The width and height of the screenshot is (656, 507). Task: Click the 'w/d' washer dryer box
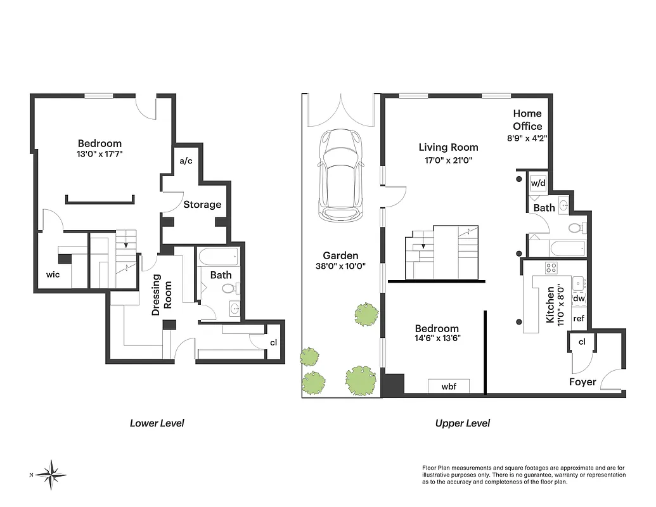point(537,183)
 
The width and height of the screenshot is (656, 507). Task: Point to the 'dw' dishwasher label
point(579,298)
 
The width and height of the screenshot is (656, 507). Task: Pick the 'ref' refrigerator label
point(579,319)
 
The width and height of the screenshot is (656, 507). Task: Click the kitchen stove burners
point(551,268)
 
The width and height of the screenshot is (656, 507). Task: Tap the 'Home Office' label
point(527,120)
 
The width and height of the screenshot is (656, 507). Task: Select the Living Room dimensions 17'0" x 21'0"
point(446,161)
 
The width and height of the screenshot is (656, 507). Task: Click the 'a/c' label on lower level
point(186,161)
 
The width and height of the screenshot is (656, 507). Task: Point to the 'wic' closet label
point(53,275)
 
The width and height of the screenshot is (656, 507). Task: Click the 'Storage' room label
point(202,205)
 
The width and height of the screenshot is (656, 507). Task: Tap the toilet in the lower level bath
point(228,289)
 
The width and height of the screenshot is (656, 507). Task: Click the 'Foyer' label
point(582,382)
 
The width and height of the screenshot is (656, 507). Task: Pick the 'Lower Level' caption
point(157,423)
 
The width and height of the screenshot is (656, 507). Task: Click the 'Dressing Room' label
point(162,292)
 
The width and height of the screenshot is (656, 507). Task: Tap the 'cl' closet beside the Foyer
point(582,343)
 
